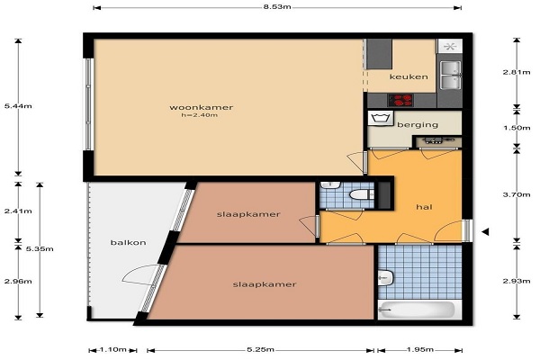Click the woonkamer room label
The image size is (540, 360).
[x=201, y=107]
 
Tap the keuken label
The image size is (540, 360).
[x=409, y=76]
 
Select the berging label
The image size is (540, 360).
[x=418, y=124]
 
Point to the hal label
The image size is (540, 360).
[x=424, y=207]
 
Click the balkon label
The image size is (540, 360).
[x=128, y=242]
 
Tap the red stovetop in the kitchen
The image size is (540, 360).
[x=400, y=100]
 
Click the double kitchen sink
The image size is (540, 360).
[x=451, y=75]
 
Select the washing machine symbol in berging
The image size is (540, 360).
[x=381, y=118]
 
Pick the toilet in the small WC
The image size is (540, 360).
[x=359, y=195]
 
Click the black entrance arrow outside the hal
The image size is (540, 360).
[x=485, y=232]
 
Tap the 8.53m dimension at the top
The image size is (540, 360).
[x=277, y=7]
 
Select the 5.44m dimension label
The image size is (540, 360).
[x=18, y=106]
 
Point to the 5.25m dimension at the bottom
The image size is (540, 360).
[x=261, y=350]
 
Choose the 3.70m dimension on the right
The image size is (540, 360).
[x=517, y=194]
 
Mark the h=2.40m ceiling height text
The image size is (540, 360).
[x=200, y=115]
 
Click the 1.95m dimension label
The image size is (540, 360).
[x=420, y=350]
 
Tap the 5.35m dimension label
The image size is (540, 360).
[x=40, y=248]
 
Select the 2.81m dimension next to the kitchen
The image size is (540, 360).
[x=517, y=72]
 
